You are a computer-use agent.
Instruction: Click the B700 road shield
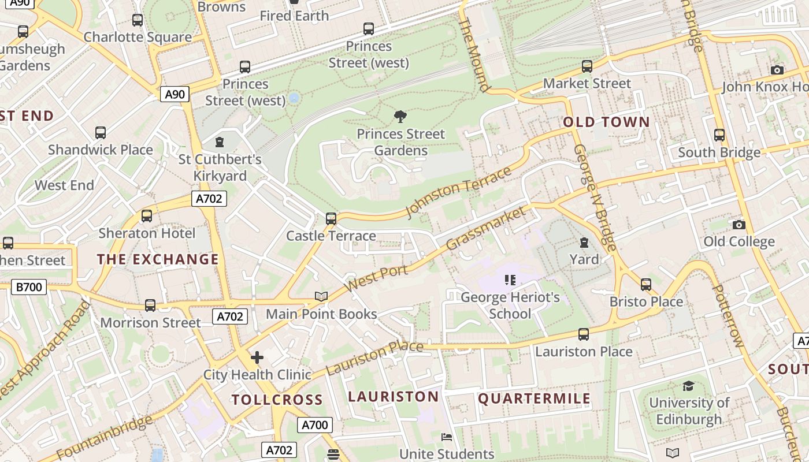pos(29,286)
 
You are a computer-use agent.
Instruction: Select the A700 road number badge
pos(315,425)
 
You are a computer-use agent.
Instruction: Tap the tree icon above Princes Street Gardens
pos(400,117)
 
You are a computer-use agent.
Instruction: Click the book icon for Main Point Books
pos(321,296)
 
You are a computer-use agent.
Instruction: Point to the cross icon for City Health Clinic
pos(257,357)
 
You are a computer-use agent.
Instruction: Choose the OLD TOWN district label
pos(606,122)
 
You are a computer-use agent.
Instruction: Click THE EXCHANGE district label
pos(158,259)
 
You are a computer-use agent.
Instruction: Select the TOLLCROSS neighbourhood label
pos(277,400)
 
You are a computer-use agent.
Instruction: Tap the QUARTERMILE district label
pos(534,398)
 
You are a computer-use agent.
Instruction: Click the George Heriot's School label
pos(510,305)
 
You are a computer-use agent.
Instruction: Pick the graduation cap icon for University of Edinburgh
pos(688,386)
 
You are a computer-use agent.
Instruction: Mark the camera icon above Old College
pos(739,225)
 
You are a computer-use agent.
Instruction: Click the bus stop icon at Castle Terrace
pos(331,219)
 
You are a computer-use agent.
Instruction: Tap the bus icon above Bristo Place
pos(645,284)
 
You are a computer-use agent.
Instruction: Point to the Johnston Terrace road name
pos(459,192)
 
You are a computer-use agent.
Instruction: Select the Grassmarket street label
pos(487,228)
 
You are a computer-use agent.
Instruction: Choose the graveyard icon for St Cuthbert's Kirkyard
pos(220,141)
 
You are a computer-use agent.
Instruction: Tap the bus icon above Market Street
pos(587,66)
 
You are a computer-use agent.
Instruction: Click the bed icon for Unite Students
pos(447,437)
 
